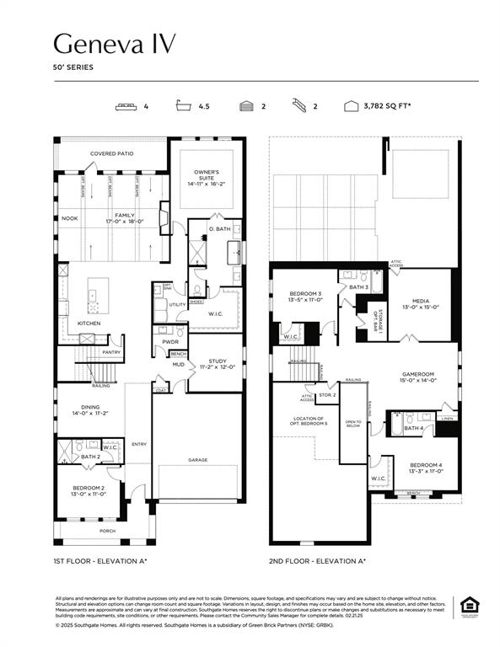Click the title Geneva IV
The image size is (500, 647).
pyautogui.click(x=115, y=43)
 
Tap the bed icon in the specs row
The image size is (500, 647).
pyautogui.click(x=126, y=107)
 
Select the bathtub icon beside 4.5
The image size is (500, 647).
pyautogui.click(x=182, y=107)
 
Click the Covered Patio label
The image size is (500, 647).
pyautogui.click(x=111, y=153)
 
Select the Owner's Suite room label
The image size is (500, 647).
pyautogui.click(x=205, y=177)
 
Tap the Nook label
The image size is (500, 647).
pyautogui.click(x=70, y=218)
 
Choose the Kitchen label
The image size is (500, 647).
pyautogui.click(x=89, y=323)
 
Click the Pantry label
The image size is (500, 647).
pyautogui.click(x=111, y=352)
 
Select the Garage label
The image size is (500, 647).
pyautogui.click(x=197, y=460)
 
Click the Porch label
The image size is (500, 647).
pyautogui.click(x=108, y=531)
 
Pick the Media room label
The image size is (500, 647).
pyautogui.click(x=422, y=303)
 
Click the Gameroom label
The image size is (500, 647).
pyautogui.click(x=415, y=376)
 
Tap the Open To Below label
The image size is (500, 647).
pyautogui.click(x=353, y=423)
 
